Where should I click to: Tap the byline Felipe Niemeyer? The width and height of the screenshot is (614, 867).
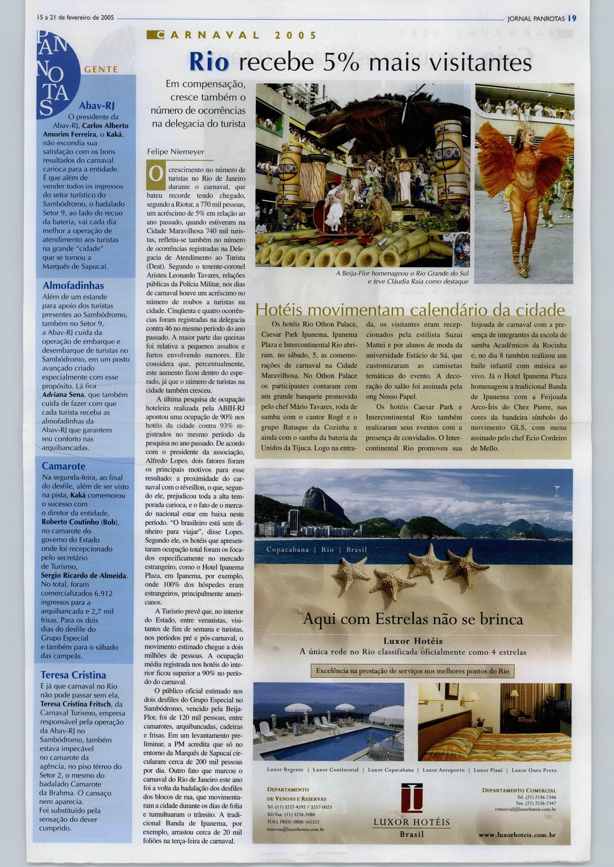176,152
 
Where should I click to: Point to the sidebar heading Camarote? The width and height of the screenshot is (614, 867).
63,466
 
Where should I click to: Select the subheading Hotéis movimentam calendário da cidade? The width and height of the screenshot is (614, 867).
410,311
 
